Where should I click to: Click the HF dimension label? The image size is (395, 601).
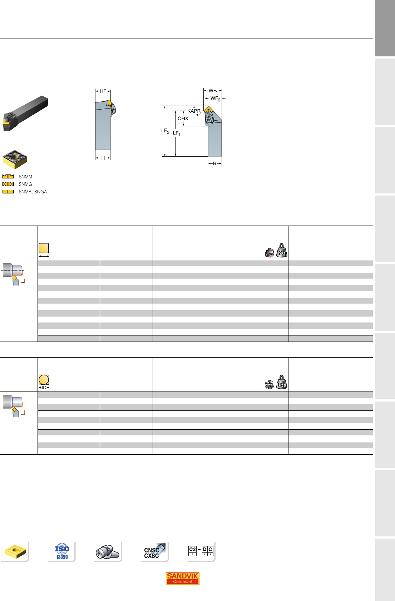click(x=103, y=91)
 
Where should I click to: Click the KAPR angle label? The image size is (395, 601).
click(x=194, y=111)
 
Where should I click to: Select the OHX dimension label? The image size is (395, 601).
click(x=183, y=118)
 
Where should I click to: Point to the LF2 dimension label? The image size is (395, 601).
click(x=165, y=131)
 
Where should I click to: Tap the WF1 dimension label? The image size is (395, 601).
click(x=213, y=91)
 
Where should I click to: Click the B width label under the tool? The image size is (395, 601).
click(x=215, y=163)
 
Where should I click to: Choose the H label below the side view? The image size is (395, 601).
click(x=103, y=158)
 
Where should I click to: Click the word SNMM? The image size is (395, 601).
click(x=25, y=177)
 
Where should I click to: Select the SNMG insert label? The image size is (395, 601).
click(x=25, y=184)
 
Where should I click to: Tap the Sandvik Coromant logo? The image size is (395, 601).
click(x=182, y=578)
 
